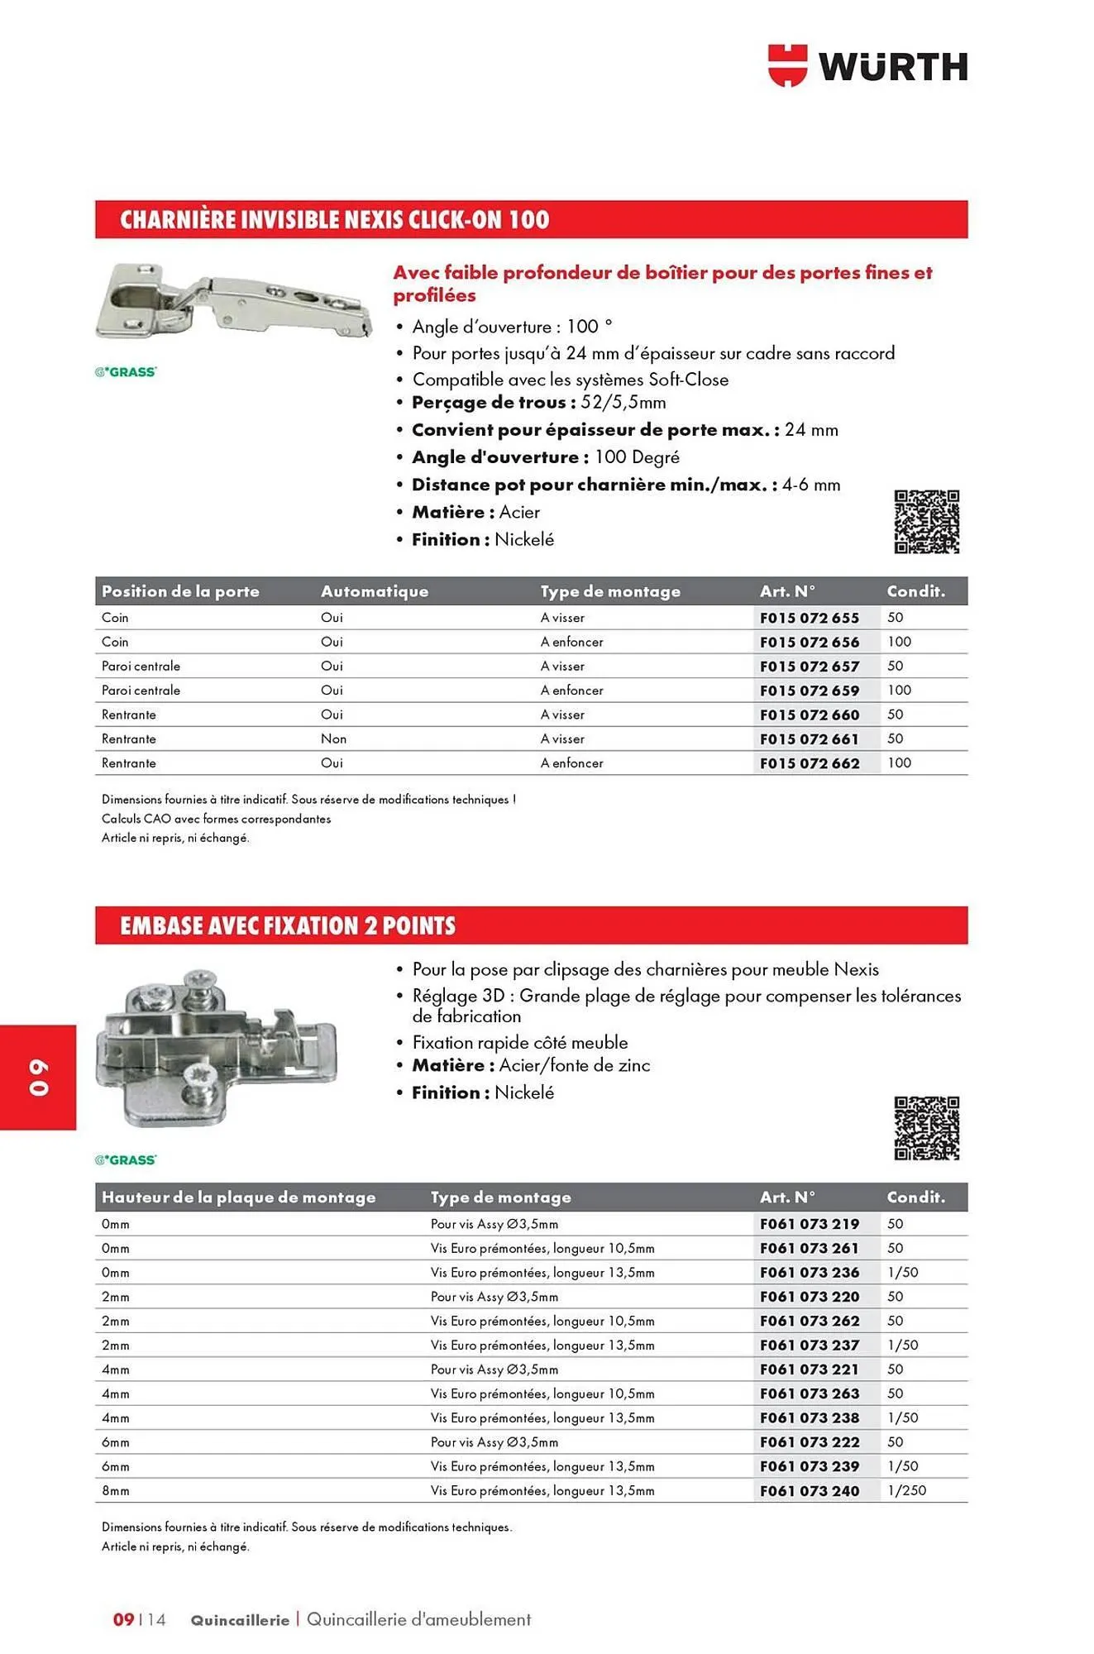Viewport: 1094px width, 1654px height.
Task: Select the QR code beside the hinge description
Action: [x=926, y=522]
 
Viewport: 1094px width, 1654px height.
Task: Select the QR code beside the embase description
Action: [x=926, y=1128]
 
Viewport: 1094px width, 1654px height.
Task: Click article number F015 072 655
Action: [x=810, y=618]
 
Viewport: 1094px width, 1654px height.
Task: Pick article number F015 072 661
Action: [x=810, y=739]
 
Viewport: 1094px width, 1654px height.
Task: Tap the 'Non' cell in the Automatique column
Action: [x=333, y=739]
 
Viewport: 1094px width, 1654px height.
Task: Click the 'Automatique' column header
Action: [x=375, y=591]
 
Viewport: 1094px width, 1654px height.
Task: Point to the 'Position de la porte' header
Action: [x=180, y=591]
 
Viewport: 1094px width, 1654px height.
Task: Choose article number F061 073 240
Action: [x=810, y=1491]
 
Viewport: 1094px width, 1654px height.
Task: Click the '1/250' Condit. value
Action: [x=906, y=1491]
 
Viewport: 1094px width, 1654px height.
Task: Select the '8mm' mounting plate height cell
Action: [x=116, y=1491]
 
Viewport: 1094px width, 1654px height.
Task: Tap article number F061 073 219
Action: [x=810, y=1224]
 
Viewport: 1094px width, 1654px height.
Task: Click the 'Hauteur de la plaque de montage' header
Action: [x=238, y=1197]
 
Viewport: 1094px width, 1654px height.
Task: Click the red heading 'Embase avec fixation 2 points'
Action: [x=288, y=925]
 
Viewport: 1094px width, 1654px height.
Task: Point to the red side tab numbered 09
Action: [x=38, y=1077]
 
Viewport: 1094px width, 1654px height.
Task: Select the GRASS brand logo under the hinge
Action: [x=126, y=372]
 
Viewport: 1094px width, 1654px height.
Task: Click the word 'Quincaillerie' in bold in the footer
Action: [x=240, y=1620]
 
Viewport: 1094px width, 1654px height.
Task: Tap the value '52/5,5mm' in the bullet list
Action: [x=623, y=403]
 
